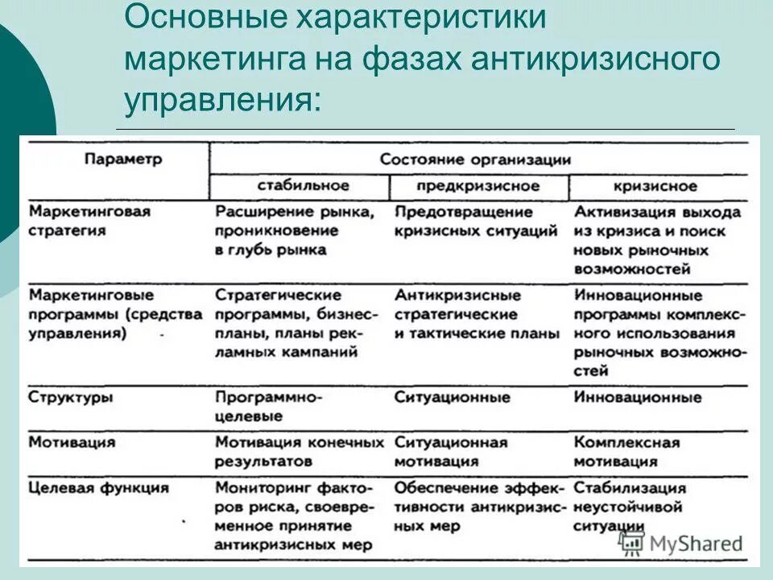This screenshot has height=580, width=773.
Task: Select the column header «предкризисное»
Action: [477, 186]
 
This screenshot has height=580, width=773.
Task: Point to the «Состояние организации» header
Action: [475, 159]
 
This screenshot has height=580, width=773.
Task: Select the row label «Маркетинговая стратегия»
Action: [89, 221]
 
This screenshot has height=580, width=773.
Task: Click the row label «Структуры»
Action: [71, 398]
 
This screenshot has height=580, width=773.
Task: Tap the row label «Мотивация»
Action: [72, 442]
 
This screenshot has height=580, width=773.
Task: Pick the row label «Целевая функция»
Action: [98, 488]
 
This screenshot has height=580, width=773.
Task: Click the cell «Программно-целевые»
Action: [268, 407]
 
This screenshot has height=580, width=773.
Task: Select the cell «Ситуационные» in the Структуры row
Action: [452, 398]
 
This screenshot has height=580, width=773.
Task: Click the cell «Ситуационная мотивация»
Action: [451, 452]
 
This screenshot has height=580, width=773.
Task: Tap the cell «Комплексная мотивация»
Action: [626, 452]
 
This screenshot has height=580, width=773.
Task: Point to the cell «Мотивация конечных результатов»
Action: [299, 452]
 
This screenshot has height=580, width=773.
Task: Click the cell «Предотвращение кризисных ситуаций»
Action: [475, 222]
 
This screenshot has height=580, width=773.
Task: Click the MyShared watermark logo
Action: [681, 544]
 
